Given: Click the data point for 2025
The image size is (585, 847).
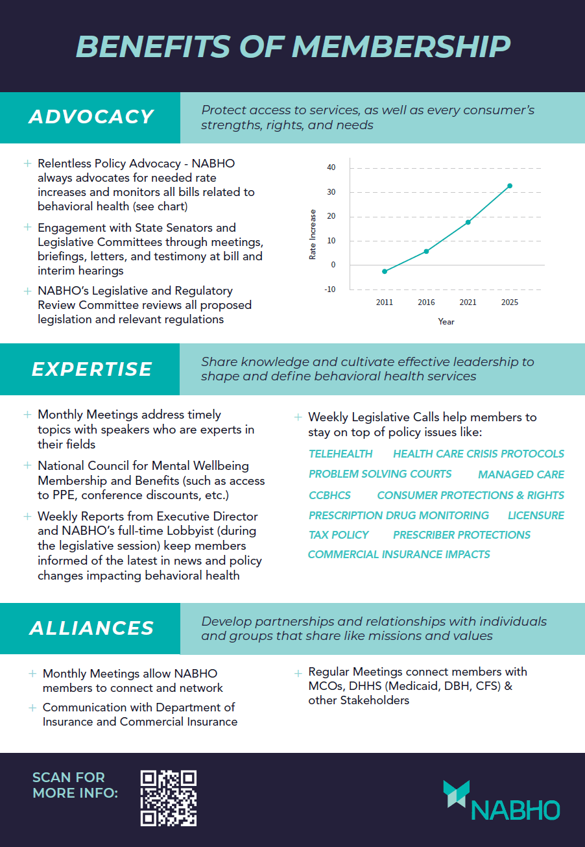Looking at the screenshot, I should click(x=510, y=186).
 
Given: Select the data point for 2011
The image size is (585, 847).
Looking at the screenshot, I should click(x=385, y=271).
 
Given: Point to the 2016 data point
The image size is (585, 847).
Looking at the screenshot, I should click(x=426, y=251).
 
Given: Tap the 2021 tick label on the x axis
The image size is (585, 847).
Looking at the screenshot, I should click(x=468, y=302).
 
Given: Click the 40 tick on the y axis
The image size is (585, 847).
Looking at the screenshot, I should click(x=331, y=167).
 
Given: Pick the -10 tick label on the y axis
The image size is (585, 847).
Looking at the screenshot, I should click(x=330, y=289).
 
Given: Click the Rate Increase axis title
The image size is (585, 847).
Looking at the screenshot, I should click(x=313, y=234).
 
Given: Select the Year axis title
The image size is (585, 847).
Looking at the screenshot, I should click(x=446, y=321).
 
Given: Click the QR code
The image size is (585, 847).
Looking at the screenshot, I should click(x=169, y=798).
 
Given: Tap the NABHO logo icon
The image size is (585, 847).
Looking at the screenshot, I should click(x=456, y=793).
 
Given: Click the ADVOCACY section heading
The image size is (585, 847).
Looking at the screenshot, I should click(x=91, y=117).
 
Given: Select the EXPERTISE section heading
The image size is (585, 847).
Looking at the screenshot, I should click(x=91, y=369).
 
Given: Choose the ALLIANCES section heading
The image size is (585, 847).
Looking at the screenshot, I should click(x=91, y=628).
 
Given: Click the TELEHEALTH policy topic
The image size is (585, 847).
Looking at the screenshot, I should click(x=340, y=454).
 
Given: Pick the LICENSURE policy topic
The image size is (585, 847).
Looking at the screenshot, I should click(x=536, y=515).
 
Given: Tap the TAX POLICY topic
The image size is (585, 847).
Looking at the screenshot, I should click(x=339, y=535).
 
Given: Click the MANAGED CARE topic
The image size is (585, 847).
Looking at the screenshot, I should click(x=521, y=474).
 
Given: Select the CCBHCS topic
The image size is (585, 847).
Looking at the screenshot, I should click(x=329, y=495).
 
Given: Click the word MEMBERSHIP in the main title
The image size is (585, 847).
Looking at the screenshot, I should click(x=401, y=46).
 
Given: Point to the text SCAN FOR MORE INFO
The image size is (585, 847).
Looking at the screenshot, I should click(x=75, y=785).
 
